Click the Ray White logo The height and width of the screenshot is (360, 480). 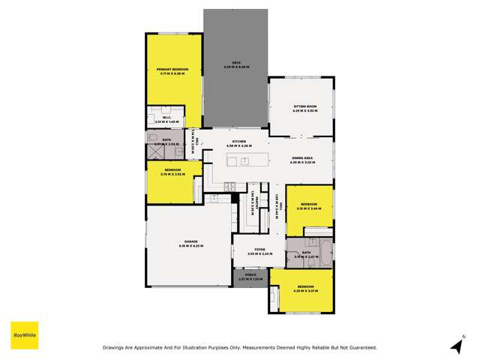click(24, 335)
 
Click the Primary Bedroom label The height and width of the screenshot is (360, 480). click(172, 69)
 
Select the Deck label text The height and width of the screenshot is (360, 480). click(235, 62)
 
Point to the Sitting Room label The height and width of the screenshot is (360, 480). click(305, 107)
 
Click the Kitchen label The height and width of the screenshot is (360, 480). click(239, 141)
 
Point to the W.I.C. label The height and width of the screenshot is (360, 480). click(167, 117)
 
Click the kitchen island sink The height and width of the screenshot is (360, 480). click(244, 160)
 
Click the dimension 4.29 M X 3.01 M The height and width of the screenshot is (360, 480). click(305, 291)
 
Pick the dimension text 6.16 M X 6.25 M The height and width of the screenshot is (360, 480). click(190, 246)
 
